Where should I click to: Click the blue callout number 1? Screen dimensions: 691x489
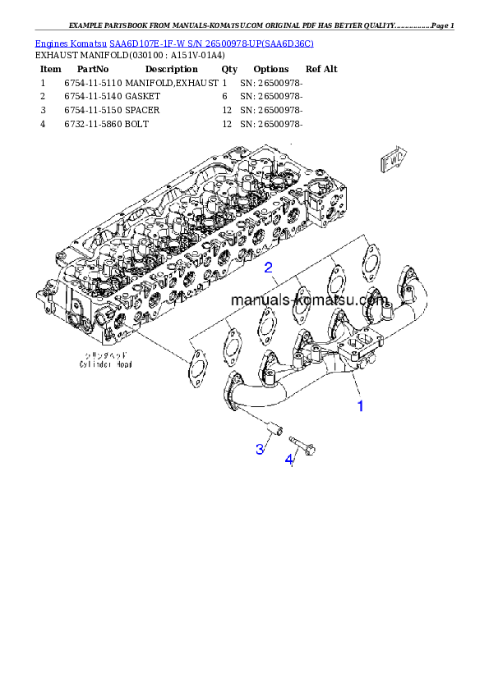[x=359, y=405]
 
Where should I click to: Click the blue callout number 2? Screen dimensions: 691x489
[x=268, y=268]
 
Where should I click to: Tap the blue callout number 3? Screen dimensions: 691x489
[x=260, y=448]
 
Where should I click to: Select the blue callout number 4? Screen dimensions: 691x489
[x=289, y=460]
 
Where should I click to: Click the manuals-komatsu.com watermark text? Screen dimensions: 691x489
[x=309, y=300]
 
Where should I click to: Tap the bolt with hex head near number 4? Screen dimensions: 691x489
[x=304, y=445]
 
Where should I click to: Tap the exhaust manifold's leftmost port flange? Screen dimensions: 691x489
[x=233, y=387]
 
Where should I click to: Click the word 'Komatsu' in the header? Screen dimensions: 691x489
[x=90, y=42]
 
